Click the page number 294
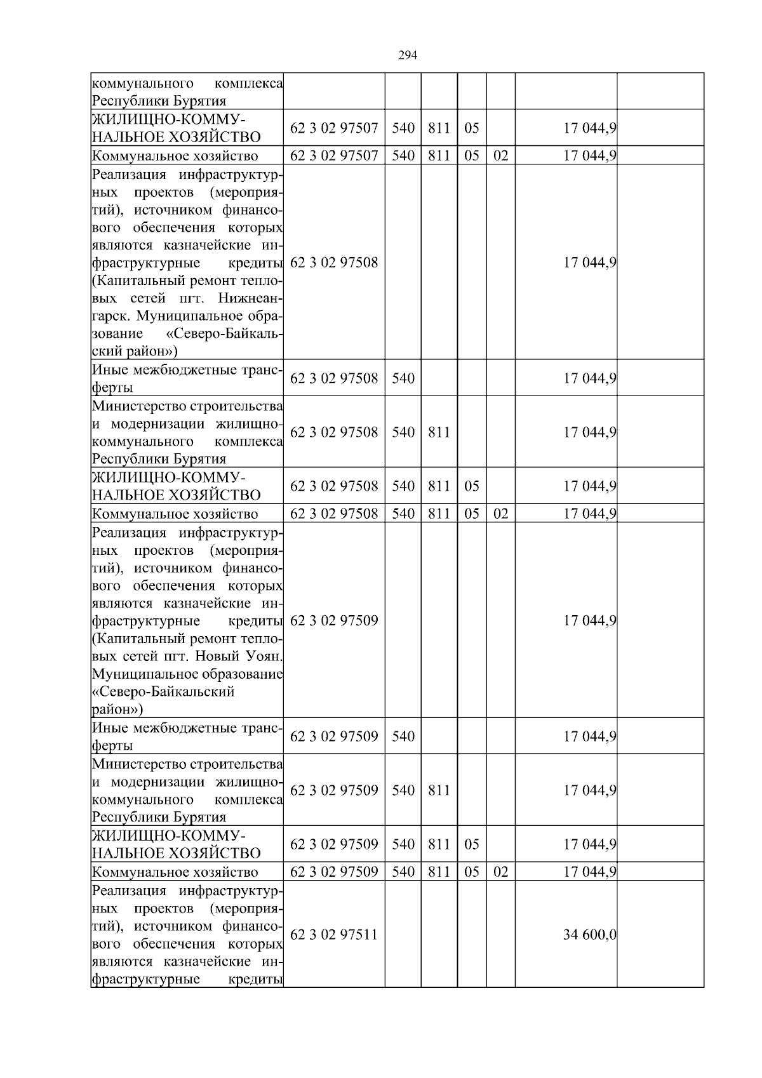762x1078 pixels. coord(407,55)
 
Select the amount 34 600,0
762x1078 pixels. coord(590,935)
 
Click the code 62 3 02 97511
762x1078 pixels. coord(334,935)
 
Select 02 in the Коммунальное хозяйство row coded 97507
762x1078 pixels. coord(501,156)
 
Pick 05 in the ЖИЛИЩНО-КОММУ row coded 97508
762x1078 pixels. coord(472,486)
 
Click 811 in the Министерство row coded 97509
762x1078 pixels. coord(439,790)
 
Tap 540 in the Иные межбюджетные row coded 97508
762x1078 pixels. coord(403,378)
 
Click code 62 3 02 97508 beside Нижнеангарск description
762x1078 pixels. coord(334,262)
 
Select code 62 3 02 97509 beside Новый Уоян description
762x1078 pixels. coord(334,620)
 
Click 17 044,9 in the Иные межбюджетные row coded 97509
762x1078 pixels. coord(590,736)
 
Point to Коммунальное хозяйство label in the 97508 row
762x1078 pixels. coord(175,514)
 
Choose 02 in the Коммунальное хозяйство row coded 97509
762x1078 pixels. coord(501,872)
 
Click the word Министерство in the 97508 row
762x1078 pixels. coord(131,406)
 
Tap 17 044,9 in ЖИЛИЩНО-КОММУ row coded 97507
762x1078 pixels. coord(590,128)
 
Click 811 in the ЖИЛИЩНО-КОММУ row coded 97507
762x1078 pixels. coord(439,128)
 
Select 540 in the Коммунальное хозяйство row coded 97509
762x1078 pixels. coord(403,872)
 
